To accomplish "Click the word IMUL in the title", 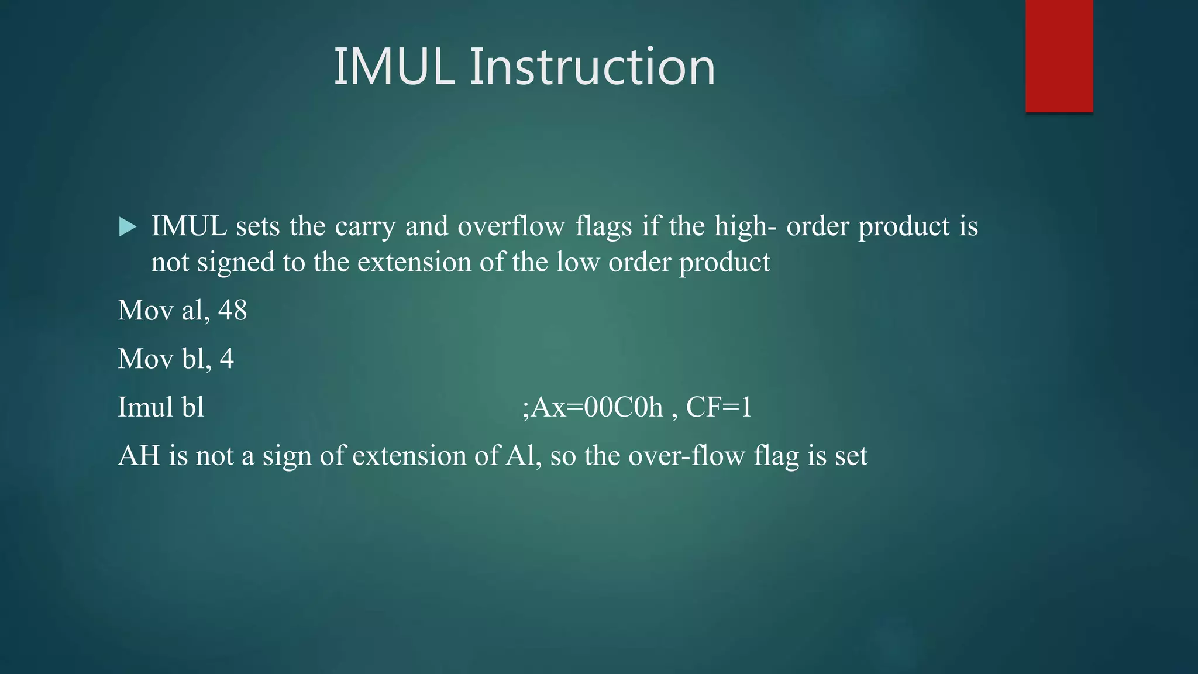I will pos(394,67).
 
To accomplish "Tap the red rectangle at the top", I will pos(1059,56).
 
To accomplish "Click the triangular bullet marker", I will pos(127,227).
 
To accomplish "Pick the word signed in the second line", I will pos(235,263).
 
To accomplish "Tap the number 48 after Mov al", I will pos(232,310).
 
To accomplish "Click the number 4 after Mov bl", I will pos(227,359).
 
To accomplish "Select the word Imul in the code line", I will pos(144,407).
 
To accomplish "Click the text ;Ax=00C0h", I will pos(592,407).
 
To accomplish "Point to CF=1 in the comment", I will pos(719,407).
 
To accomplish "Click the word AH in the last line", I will pos(139,456).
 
